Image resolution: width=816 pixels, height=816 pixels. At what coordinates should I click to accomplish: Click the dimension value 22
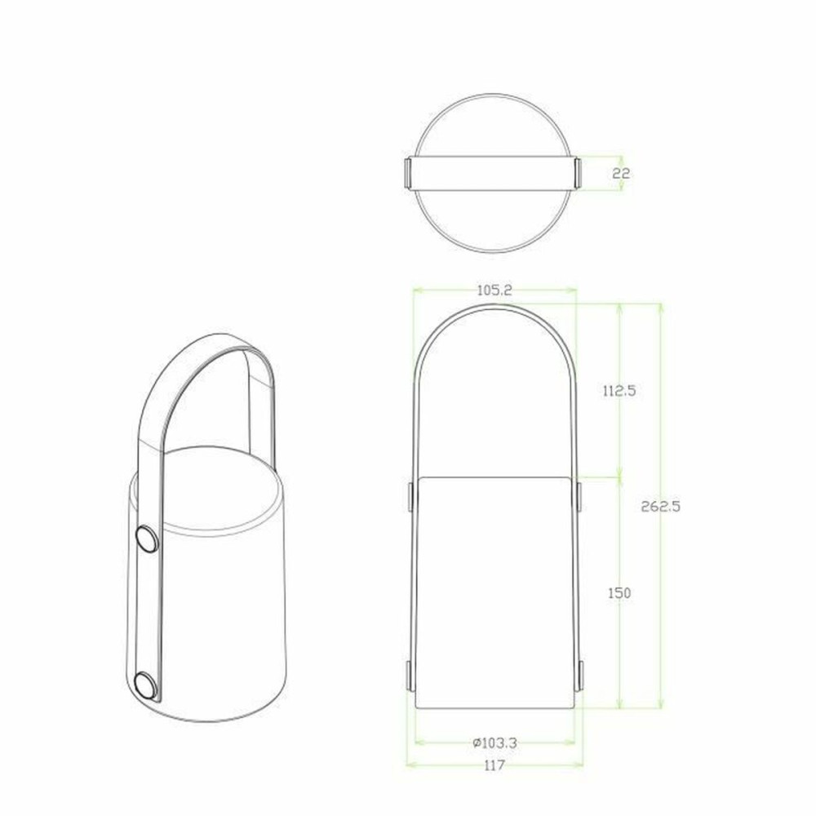620,173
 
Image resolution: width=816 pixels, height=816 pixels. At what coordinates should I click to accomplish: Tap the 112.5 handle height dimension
619,391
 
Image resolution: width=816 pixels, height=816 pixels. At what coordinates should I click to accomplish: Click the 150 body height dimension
619,593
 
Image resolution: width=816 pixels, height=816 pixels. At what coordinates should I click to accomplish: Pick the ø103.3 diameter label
495,743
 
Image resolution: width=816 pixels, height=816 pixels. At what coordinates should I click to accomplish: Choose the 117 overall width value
494,765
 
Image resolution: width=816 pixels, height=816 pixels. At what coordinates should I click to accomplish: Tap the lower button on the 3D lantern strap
147,685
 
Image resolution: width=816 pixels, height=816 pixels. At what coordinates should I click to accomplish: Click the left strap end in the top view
408,172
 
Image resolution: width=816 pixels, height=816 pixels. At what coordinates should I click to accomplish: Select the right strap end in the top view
579,172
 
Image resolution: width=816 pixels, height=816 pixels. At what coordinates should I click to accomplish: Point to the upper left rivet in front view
410,496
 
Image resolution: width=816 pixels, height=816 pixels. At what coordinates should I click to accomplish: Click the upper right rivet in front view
579,496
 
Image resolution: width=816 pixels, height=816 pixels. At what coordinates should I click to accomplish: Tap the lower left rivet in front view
410,676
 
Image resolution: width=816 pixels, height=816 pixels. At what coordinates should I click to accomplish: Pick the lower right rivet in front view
579,676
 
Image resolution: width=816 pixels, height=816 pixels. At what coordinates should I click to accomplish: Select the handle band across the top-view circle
494,172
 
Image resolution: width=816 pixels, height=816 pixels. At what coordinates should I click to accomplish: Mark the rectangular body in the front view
495,592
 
